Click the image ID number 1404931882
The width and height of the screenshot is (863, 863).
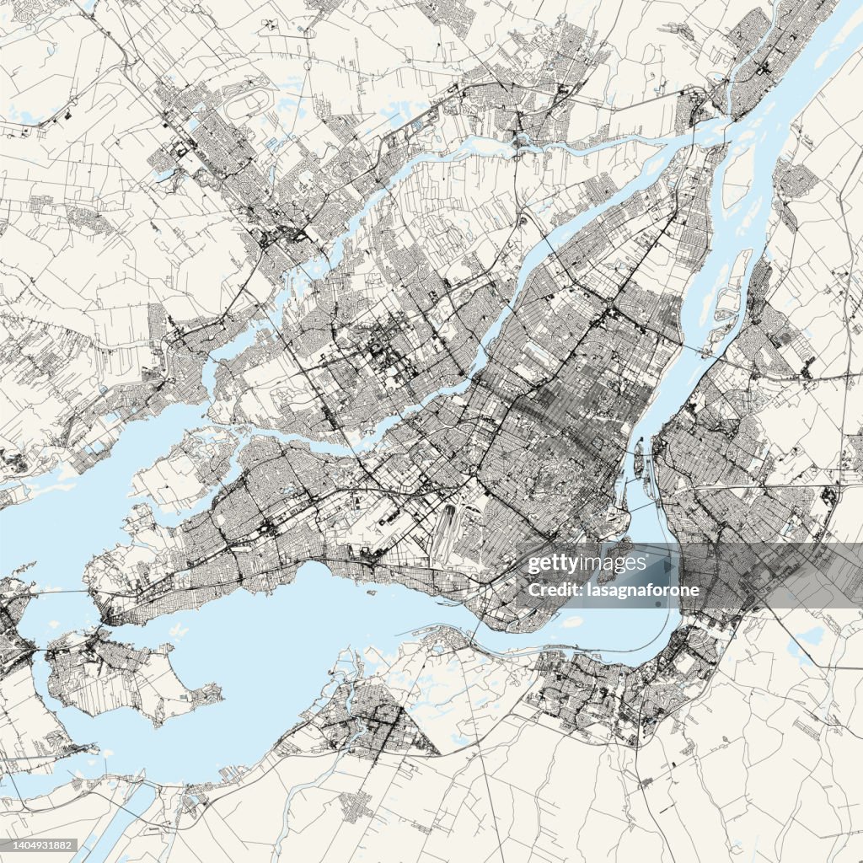(x=40, y=845)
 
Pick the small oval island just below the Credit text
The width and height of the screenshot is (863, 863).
(x=571, y=622)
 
